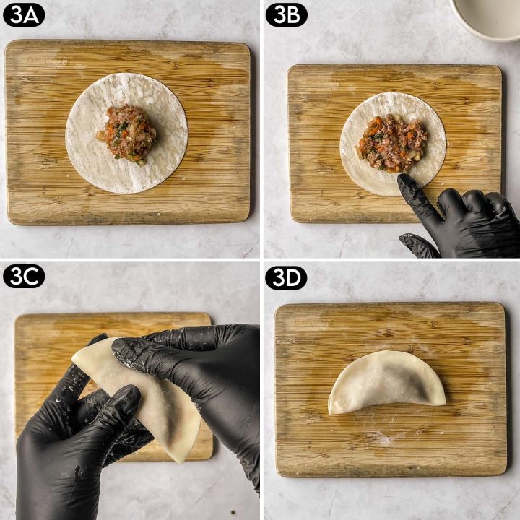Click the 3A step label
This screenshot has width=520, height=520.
(x=24, y=15)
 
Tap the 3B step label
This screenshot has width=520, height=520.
(x=286, y=15)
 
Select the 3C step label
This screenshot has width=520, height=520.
(x=24, y=276)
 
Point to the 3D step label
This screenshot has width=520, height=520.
(x=286, y=277)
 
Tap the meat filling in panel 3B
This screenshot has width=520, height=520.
(x=394, y=143)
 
